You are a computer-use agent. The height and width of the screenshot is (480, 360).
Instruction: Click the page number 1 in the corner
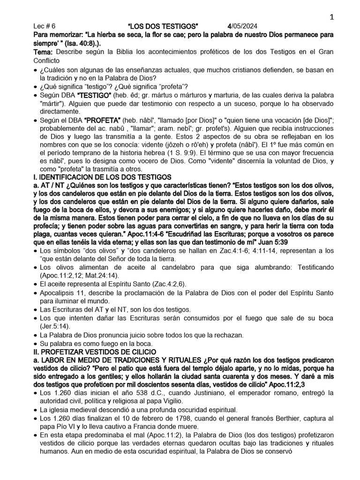[331, 17]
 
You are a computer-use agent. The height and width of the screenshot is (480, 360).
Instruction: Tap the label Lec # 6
[45, 26]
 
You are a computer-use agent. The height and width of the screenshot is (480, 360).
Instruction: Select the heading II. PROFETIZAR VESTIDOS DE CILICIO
[97, 352]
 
